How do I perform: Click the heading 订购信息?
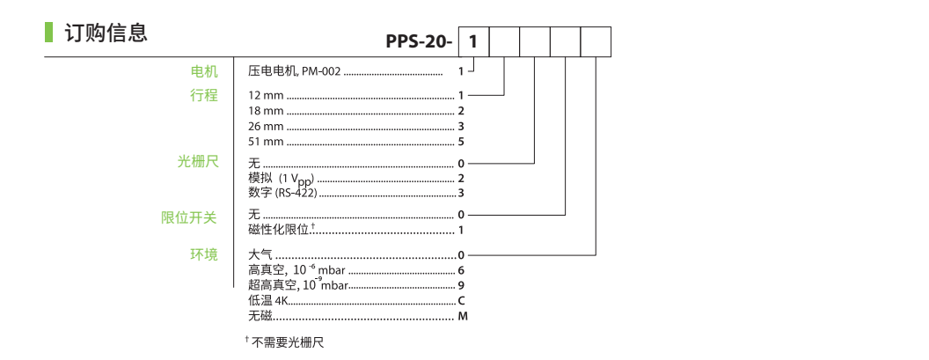tap(106, 33)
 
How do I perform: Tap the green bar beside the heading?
tap(48, 33)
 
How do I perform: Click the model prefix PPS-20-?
tap(418, 41)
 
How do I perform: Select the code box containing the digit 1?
tap(474, 41)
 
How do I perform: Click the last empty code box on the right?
tap(596, 41)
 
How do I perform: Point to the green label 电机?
tap(204, 71)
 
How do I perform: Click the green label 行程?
tap(204, 95)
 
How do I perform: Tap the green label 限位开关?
tap(189, 216)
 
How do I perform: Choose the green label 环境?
tap(204, 255)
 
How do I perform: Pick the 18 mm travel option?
tap(267, 111)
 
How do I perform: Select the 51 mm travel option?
tap(267, 142)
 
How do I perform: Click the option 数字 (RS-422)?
tap(282, 192)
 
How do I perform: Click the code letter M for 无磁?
tap(463, 316)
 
